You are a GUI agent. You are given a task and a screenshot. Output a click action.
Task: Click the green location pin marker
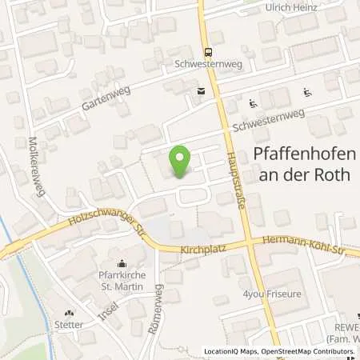tap(180, 159)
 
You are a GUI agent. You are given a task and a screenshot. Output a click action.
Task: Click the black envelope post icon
tap(200, 91)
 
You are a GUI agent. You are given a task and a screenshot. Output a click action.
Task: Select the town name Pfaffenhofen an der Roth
tap(303, 164)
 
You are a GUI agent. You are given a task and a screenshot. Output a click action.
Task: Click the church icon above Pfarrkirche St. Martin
tap(122, 263)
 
